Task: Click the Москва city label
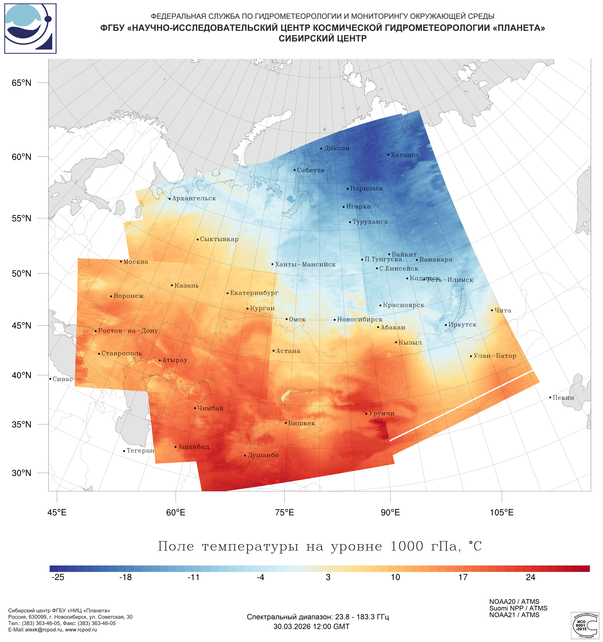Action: (136, 262)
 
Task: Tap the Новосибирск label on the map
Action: (360, 320)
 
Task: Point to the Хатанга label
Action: (405, 155)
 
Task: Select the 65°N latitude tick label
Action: (22, 83)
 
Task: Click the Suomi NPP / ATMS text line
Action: (518, 608)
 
